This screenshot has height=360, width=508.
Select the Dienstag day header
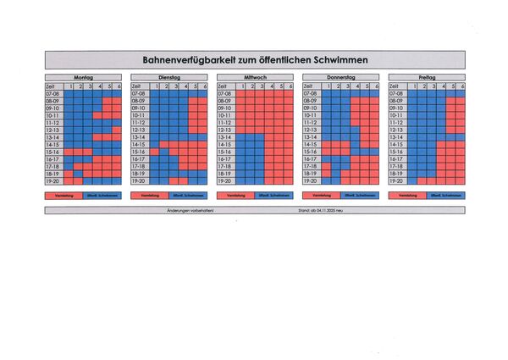coord(169,77)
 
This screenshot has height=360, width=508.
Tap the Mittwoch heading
coord(255,77)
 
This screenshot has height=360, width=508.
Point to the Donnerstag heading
coord(341,77)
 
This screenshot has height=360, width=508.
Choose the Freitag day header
coord(427,77)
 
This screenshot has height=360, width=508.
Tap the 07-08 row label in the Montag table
coord(53,93)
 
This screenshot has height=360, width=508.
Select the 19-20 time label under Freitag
coord(397,180)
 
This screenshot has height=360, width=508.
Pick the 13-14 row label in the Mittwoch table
coord(225,137)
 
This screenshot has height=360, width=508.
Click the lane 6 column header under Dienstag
coord(204,86)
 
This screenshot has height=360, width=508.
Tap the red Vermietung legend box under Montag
coord(63,196)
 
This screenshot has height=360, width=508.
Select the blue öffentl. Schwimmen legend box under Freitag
coord(446,196)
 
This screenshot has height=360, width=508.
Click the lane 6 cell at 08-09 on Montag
coord(118,101)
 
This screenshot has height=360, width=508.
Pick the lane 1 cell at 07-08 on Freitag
coord(413,93)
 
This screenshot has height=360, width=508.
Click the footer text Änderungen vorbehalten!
coord(190,208)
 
